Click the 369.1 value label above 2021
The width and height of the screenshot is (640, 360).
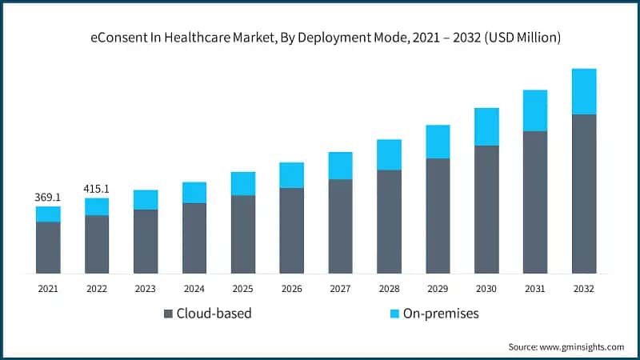coord(48,196)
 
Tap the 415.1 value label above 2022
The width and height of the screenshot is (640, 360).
coord(97,189)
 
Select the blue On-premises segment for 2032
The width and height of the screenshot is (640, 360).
coord(584,91)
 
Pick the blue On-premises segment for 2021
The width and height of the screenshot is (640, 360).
coord(48,214)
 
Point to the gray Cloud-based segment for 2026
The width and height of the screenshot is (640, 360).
coord(291,230)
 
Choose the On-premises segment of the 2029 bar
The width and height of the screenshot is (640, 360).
coord(438,142)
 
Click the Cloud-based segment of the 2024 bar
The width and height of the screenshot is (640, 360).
coord(194,238)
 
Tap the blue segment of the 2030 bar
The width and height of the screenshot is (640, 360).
coord(486,126)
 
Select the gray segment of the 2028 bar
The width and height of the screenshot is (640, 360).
coord(389,222)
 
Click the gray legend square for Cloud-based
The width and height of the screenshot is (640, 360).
coord(168,314)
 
